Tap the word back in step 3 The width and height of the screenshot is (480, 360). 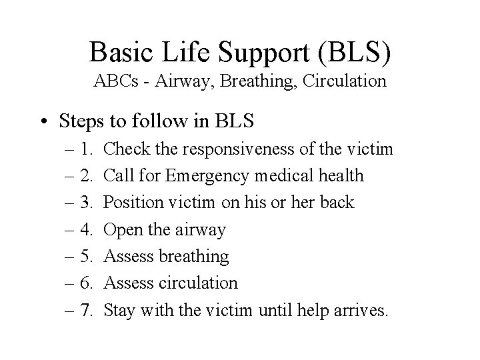336,203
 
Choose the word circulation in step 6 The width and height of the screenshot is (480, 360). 199,283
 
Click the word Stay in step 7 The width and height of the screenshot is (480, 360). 120,310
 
